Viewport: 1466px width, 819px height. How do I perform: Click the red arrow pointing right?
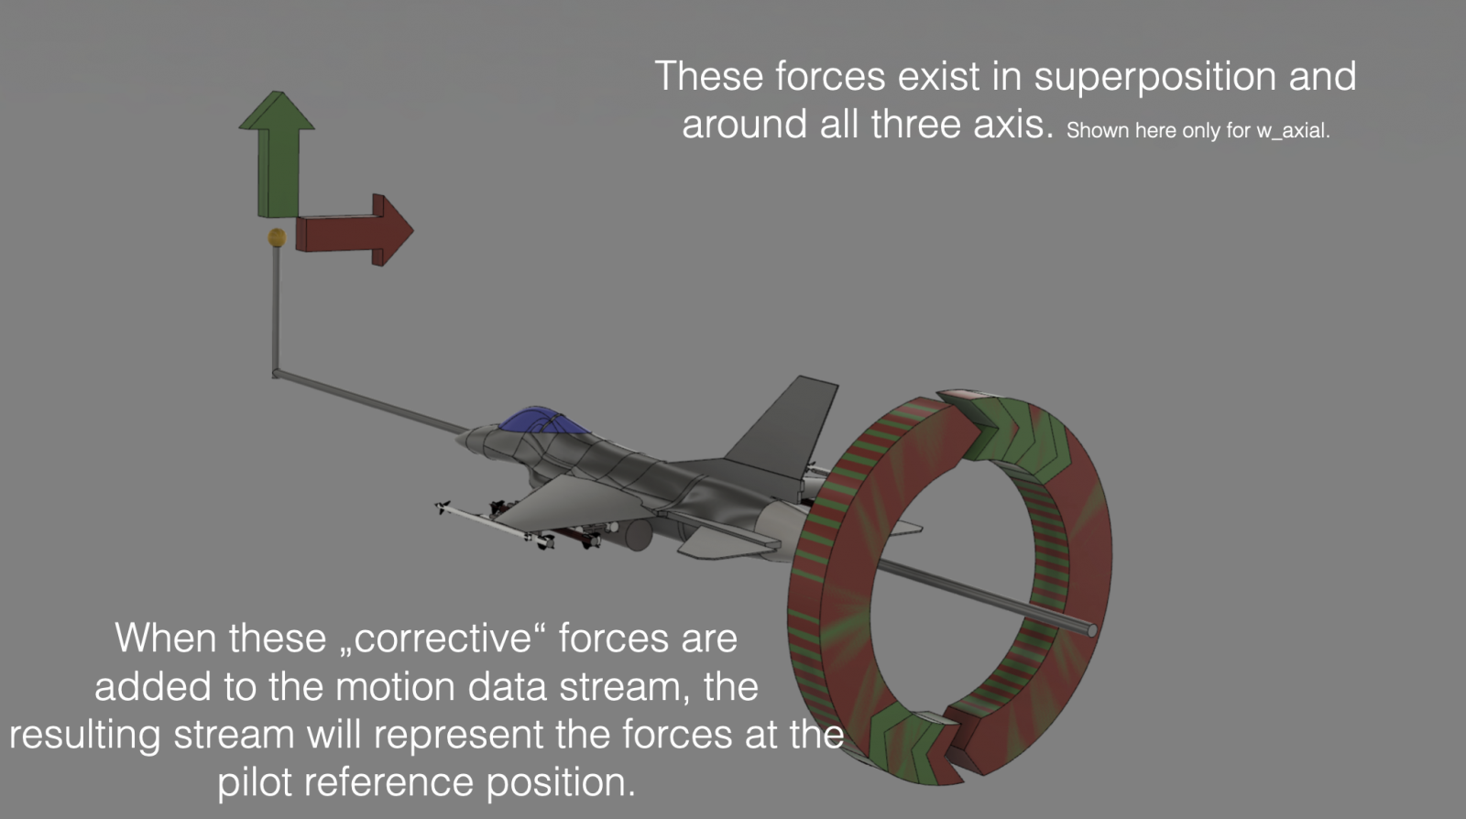[x=354, y=230]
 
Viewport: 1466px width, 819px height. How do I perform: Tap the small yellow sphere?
[x=277, y=237]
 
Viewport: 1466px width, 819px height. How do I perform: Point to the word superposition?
[x=1155, y=77]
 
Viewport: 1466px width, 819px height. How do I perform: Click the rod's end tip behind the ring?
[x=1091, y=630]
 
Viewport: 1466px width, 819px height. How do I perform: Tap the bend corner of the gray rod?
[x=276, y=374]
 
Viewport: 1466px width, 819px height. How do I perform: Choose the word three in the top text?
[x=915, y=124]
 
